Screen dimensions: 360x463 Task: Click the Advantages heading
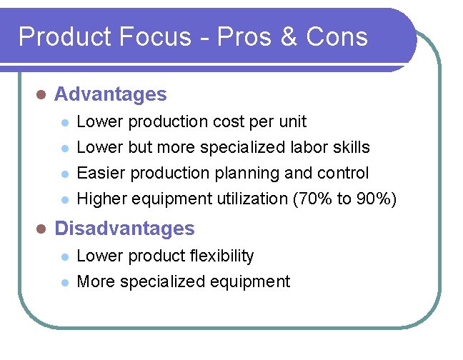point(111,94)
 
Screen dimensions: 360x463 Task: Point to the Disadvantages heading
point(124,229)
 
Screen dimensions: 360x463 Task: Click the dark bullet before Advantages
point(41,95)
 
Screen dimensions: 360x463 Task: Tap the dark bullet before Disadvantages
point(41,229)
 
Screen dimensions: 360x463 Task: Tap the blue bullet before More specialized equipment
point(64,282)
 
